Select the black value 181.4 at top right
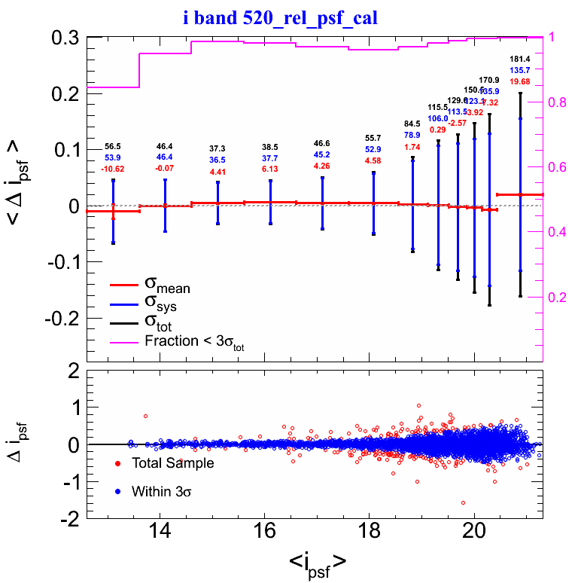(520, 59)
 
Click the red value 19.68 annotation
(520, 81)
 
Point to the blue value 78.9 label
(412, 135)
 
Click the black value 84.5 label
(412, 124)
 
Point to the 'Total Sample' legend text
(172, 463)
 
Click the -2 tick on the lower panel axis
(69, 519)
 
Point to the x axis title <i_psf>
(317, 562)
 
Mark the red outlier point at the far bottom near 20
(463, 502)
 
